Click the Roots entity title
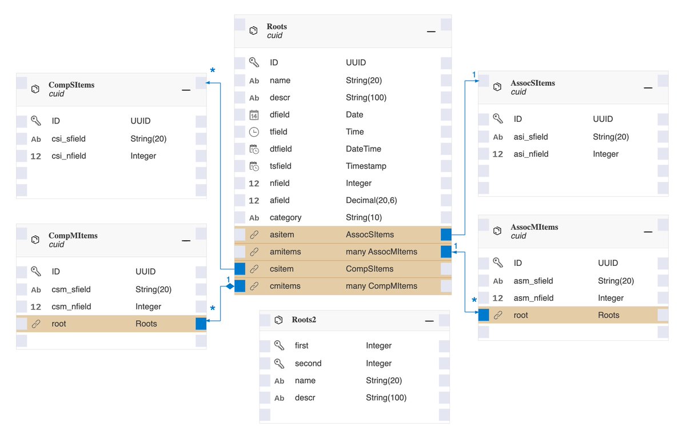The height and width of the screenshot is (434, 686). (x=277, y=26)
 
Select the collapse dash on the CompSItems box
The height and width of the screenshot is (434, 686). (x=186, y=90)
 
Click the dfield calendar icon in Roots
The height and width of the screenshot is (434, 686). (x=254, y=115)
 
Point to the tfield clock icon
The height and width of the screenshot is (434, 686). (x=254, y=132)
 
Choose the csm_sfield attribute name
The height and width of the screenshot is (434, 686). (x=71, y=289)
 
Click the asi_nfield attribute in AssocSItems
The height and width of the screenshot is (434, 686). (x=531, y=154)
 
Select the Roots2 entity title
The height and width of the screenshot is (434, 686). (x=304, y=320)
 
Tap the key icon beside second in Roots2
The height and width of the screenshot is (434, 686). (x=279, y=363)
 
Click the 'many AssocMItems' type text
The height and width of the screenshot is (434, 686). (x=381, y=252)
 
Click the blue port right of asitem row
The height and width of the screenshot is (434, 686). (x=446, y=234)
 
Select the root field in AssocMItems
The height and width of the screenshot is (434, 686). (x=521, y=315)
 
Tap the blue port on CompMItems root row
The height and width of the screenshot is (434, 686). (x=201, y=324)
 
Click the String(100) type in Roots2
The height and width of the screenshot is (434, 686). (x=386, y=397)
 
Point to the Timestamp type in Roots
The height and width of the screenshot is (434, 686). (x=366, y=166)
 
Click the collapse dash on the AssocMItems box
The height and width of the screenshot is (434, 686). (x=648, y=232)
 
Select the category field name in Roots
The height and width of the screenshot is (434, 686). (x=285, y=217)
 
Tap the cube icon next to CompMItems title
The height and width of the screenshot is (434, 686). (x=35, y=240)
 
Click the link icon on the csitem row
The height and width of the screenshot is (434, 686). (x=254, y=269)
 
